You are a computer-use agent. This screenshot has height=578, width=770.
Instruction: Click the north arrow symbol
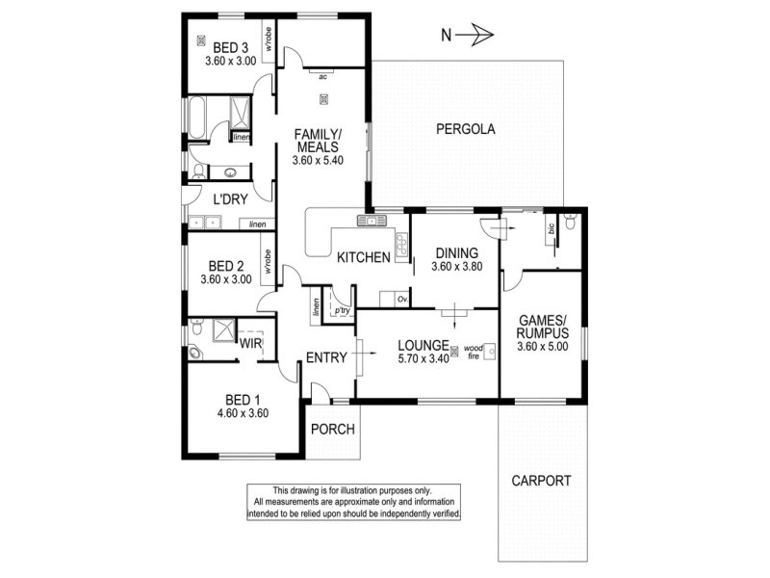click(x=475, y=35)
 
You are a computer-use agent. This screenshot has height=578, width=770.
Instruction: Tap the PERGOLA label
click(x=466, y=129)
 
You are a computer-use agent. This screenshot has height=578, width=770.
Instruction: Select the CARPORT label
click(x=541, y=481)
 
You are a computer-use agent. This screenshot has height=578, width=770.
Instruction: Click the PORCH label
click(x=332, y=429)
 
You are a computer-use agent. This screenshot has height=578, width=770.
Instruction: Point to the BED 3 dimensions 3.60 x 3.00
click(x=230, y=61)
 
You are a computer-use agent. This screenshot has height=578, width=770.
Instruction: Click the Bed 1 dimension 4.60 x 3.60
click(x=243, y=413)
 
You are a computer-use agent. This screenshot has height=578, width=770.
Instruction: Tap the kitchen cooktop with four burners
click(x=401, y=245)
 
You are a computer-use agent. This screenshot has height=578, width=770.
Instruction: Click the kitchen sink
click(x=372, y=221)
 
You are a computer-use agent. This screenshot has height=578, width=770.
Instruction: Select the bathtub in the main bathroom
click(x=196, y=118)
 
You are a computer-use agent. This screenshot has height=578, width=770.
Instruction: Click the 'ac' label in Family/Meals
click(x=322, y=77)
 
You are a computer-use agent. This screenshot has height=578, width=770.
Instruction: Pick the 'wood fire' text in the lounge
click(x=473, y=353)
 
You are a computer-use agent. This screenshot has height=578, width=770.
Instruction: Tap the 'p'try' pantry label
click(x=343, y=310)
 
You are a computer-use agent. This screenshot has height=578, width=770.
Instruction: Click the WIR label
click(x=250, y=343)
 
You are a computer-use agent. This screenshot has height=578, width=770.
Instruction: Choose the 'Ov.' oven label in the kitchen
click(x=402, y=299)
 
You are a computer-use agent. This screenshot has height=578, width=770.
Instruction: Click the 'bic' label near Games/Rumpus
click(x=551, y=228)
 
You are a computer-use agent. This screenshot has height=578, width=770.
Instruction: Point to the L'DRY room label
click(x=230, y=199)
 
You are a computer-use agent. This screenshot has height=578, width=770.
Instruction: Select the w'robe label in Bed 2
click(x=268, y=261)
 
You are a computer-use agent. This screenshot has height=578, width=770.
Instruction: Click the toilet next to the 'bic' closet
click(x=570, y=223)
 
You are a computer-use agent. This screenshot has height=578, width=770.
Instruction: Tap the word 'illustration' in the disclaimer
click(x=360, y=490)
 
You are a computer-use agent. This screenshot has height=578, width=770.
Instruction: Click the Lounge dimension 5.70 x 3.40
click(x=423, y=358)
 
